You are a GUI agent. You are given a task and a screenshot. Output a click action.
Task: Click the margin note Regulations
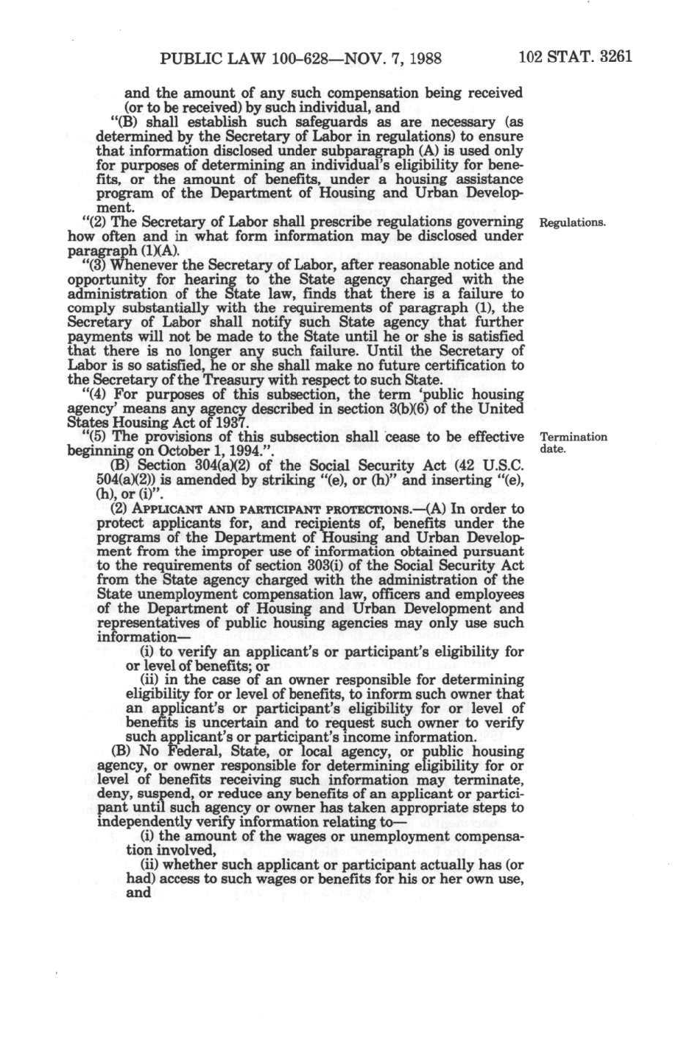click(574, 222)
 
